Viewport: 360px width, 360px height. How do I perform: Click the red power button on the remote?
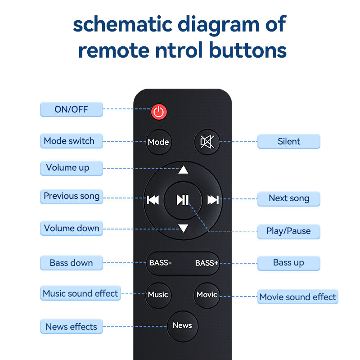[158, 112]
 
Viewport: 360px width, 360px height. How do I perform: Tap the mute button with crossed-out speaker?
[207, 142]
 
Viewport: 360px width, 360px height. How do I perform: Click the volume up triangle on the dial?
[183, 170]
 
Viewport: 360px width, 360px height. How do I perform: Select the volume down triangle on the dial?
[183, 228]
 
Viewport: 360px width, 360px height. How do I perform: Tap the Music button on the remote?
[158, 295]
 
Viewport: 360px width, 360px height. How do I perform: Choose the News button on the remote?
[182, 325]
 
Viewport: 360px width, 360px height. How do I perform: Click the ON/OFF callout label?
[71, 109]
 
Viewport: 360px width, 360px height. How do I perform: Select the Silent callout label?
[288, 141]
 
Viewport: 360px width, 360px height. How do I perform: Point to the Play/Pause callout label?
[288, 231]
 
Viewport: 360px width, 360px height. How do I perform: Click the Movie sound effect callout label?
[297, 297]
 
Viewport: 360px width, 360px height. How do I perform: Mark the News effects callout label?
[71, 327]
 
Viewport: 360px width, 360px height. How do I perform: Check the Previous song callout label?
[71, 197]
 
